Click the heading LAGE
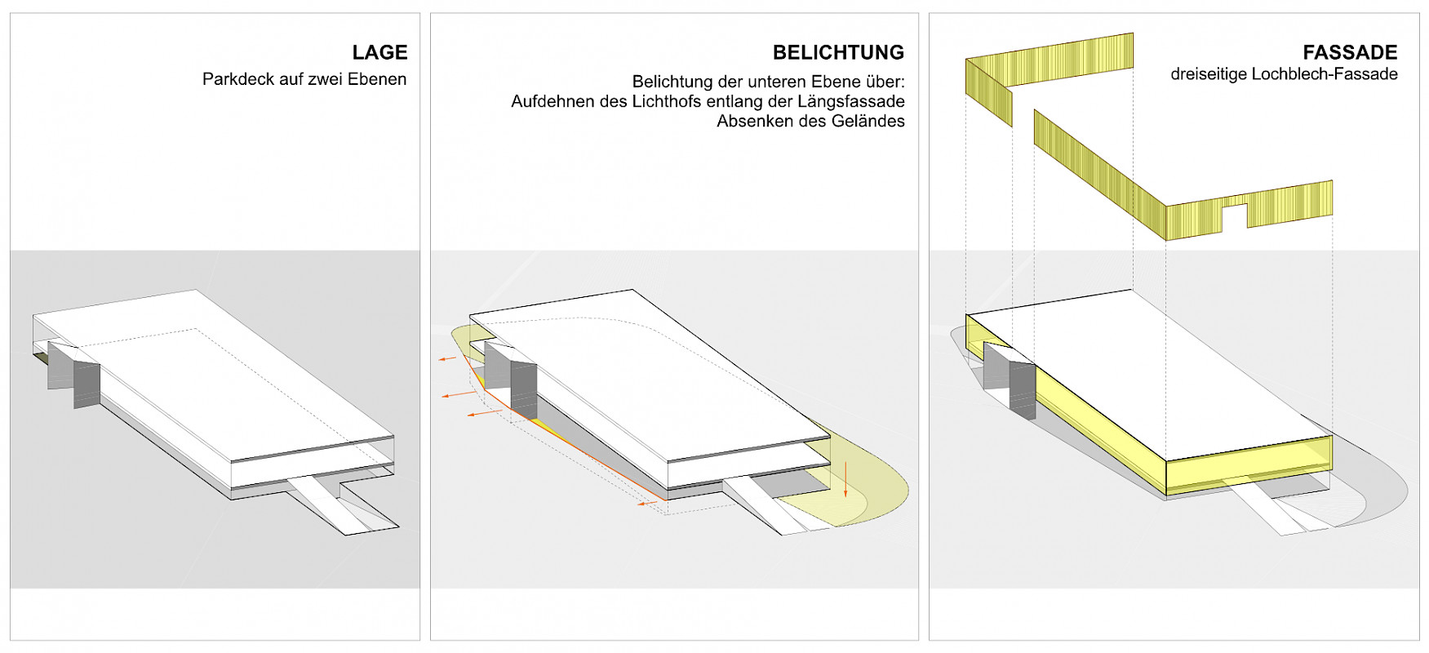click(x=379, y=52)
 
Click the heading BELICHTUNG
click(x=838, y=52)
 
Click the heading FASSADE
click(x=1350, y=52)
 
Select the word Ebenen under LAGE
click(x=377, y=79)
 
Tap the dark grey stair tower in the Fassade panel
click(x=1022, y=389)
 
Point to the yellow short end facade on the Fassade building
click(x=1249, y=465)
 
